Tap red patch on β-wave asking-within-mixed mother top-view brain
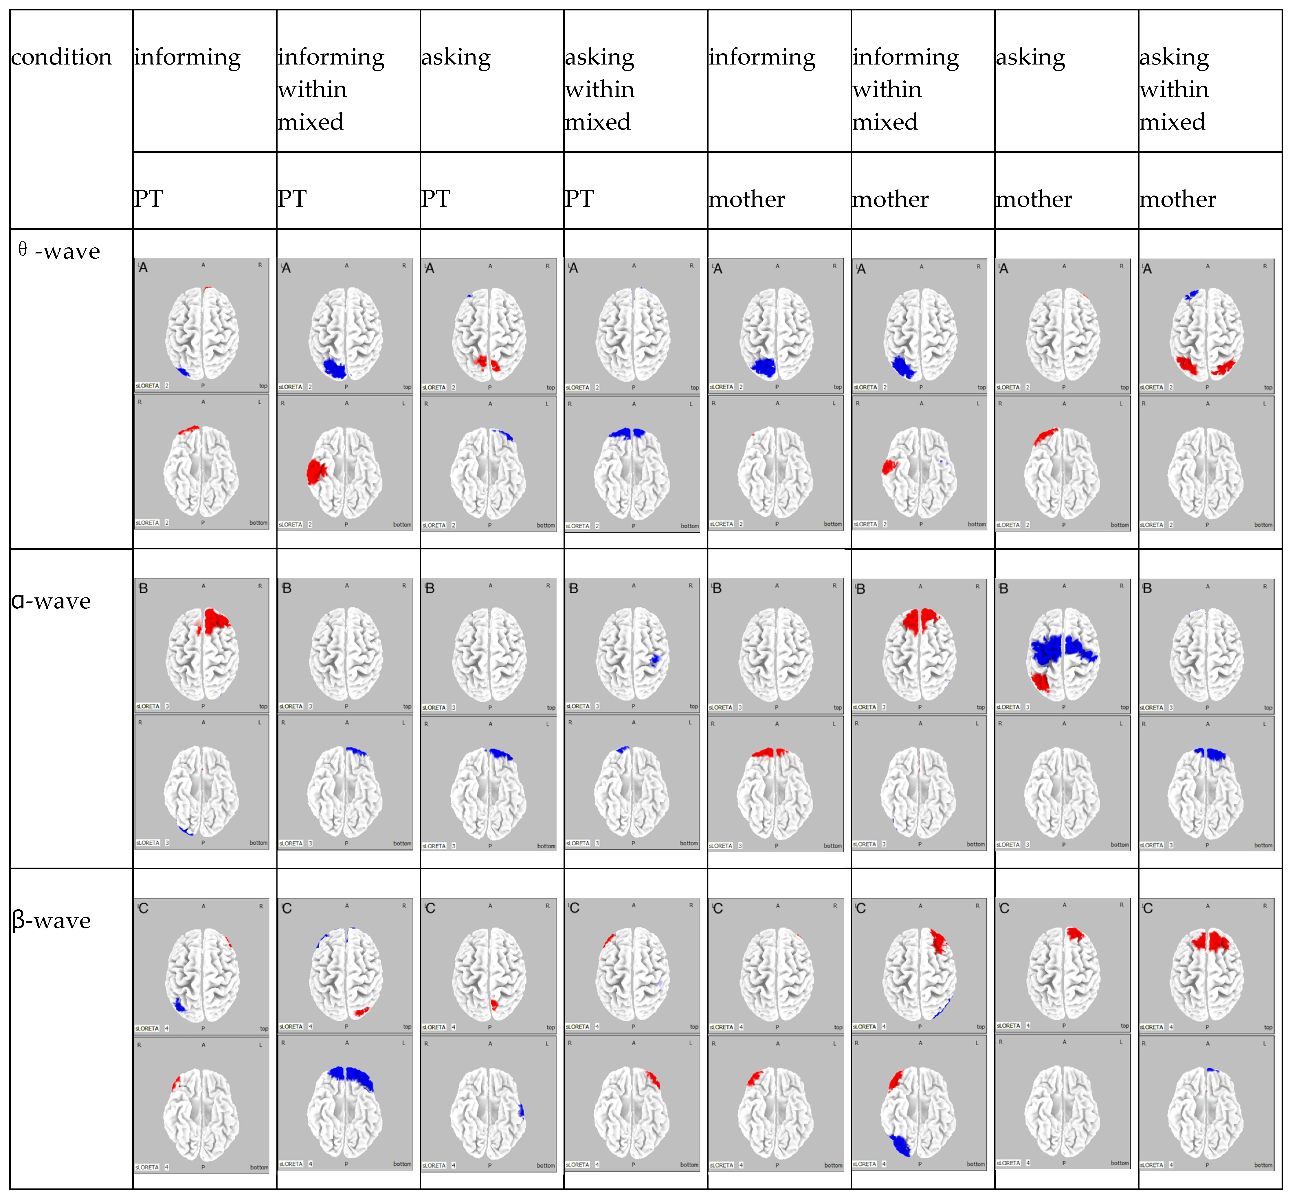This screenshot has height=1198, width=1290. (x=1210, y=940)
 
